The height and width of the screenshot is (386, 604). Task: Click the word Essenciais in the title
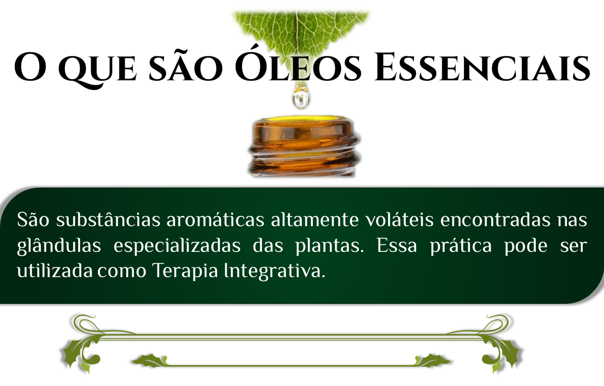pos(482,68)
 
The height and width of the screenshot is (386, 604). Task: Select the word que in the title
pos(98,71)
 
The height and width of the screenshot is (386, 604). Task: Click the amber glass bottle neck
pos(303,147)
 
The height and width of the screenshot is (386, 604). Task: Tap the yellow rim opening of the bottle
pos(303,119)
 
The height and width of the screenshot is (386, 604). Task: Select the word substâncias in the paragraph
pos(108,219)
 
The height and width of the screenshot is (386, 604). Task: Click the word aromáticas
pos(215,220)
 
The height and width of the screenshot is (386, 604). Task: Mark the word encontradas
pos(495,220)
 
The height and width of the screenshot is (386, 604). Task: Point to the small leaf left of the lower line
pos(148,360)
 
